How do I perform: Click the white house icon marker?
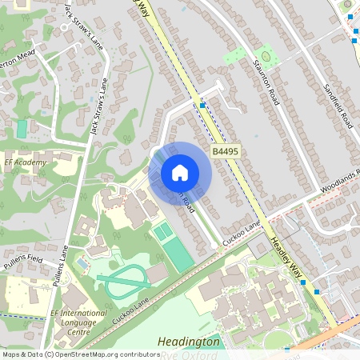[180, 173]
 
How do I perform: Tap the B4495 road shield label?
[225, 151]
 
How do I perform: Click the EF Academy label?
[26, 162]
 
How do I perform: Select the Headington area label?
[189, 341]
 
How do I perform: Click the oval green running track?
[124, 281]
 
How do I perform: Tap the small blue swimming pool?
[82, 262]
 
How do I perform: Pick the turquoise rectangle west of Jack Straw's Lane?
[22, 128]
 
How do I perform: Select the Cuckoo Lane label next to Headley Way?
[242, 234]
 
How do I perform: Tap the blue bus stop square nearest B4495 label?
[203, 105]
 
